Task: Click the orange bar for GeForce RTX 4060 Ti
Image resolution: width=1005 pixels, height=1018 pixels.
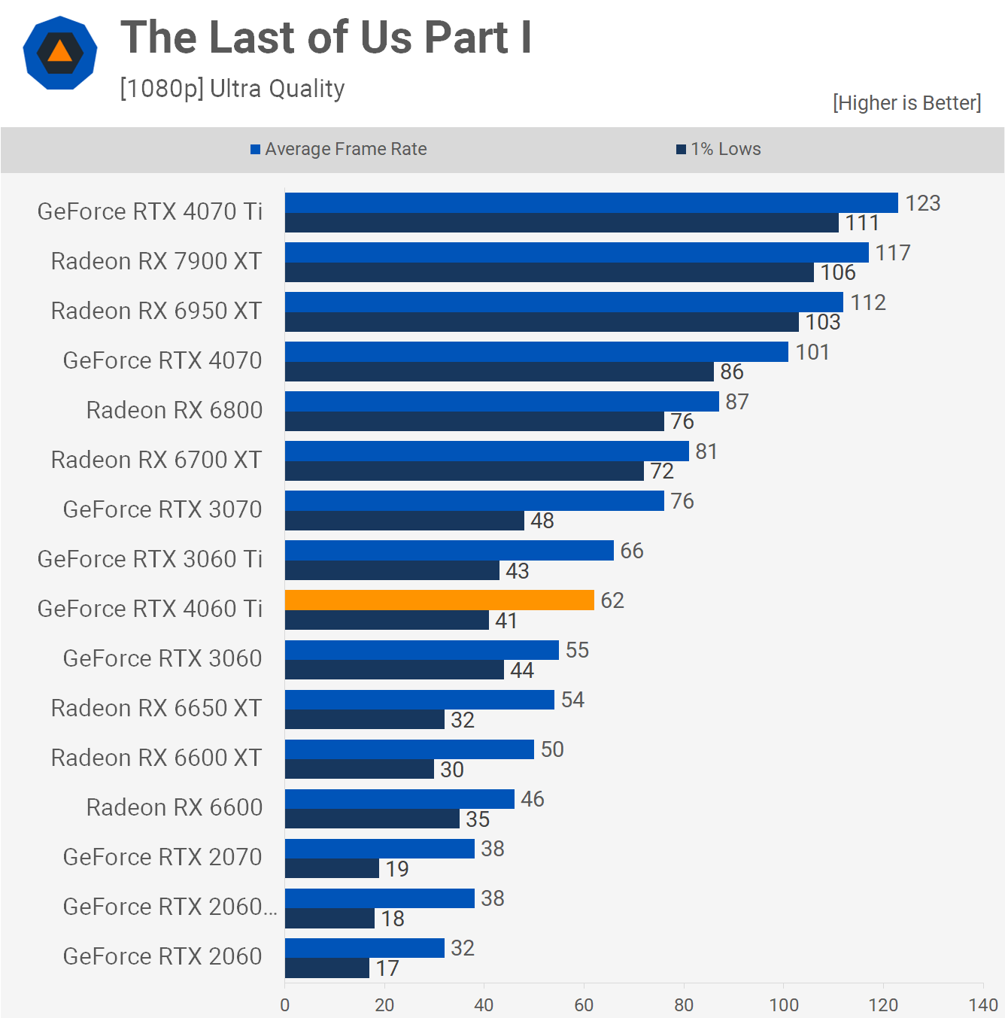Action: click(439, 600)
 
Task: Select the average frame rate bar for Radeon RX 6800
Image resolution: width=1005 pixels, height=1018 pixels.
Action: click(502, 401)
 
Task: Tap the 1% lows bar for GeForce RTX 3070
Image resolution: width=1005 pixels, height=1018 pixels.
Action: click(405, 521)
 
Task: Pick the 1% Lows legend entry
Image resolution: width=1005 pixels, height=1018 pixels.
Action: click(719, 149)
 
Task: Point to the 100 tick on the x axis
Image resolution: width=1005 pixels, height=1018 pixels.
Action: click(784, 1004)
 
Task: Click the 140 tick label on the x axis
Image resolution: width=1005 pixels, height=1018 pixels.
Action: click(983, 1004)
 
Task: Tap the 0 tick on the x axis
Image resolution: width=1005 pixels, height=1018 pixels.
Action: click(285, 1004)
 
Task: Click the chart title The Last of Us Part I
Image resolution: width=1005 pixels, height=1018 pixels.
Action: click(326, 38)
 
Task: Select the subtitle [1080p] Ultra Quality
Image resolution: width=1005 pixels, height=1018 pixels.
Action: click(232, 89)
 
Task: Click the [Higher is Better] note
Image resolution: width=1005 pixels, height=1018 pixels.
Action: click(906, 102)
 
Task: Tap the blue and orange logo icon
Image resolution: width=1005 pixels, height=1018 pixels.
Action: click(60, 53)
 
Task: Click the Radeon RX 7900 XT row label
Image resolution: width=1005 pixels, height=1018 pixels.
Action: click(156, 261)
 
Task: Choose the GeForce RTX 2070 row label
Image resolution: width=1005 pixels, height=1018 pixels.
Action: click(162, 857)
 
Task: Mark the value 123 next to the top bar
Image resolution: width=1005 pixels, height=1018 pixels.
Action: click(922, 203)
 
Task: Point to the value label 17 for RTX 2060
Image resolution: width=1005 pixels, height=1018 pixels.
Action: click(387, 968)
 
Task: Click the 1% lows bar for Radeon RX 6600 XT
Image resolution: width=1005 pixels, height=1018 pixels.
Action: click(360, 769)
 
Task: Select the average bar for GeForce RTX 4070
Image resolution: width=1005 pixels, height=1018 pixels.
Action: click(536, 351)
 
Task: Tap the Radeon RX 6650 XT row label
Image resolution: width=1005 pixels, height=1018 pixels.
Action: click(156, 708)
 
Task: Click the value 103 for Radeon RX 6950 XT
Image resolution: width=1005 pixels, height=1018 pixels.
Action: click(822, 322)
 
